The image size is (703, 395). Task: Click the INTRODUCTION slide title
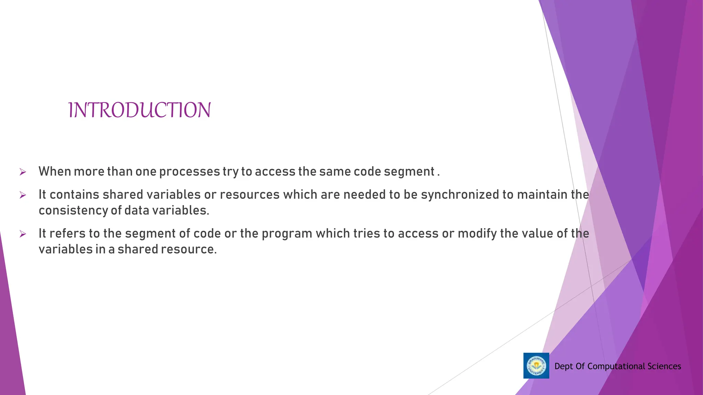139,110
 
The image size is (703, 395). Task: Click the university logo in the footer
536,366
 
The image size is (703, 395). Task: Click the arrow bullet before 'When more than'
23,172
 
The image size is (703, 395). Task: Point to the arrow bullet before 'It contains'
23,195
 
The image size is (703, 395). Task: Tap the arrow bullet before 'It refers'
23,234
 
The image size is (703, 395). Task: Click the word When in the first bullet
54,171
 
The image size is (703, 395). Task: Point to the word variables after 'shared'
173,195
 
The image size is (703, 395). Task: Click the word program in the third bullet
287,234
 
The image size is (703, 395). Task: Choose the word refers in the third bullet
67,234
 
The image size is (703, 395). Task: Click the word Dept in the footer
563,366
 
